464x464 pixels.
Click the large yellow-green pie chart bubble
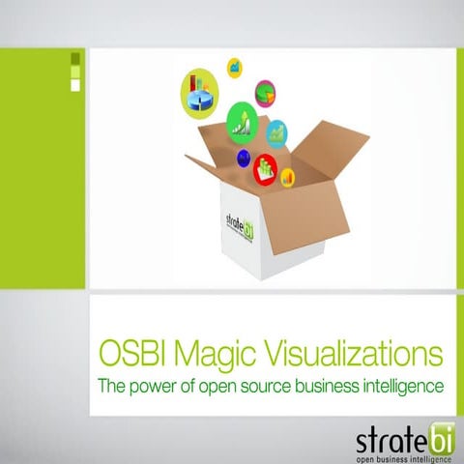point(199,90)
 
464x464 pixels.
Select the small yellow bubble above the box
point(234,67)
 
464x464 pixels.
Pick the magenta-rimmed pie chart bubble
point(266,92)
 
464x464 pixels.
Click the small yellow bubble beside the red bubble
point(287,177)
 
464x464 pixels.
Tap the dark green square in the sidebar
point(76,59)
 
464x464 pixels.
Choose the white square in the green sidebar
point(76,84)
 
